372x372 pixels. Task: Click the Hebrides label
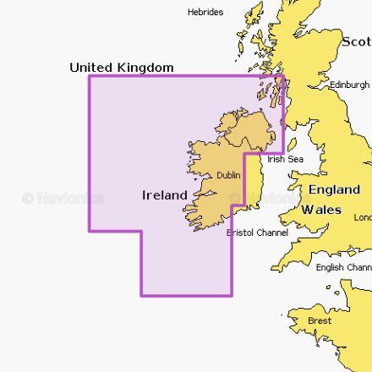coord(205,12)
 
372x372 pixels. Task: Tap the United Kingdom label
coord(122,68)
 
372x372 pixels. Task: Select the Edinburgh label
coord(350,85)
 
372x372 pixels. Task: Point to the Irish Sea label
coord(285,159)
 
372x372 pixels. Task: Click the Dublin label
coord(228,176)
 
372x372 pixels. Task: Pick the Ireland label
coord(164,195)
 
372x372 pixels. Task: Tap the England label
coord(334,190)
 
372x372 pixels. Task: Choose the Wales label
coord(321,210)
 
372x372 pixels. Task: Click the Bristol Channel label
coord(258,232)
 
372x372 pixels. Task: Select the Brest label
coord(320,321)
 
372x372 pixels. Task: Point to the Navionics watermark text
coord(63,199)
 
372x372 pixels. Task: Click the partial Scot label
coord(356,41)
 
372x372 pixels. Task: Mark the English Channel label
coord(343,268)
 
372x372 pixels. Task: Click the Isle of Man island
coord(293,144)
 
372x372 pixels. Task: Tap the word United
coord(90,68)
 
